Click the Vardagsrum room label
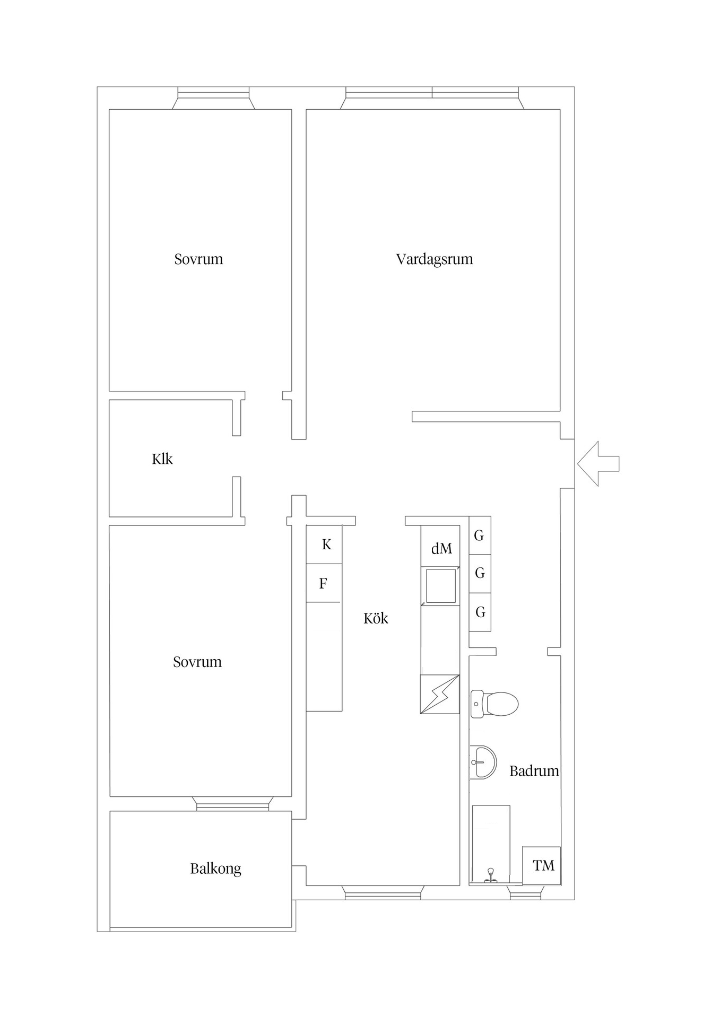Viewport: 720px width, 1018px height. click(434, 259)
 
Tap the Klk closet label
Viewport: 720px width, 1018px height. click(162, 459)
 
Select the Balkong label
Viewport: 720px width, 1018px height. click(215, 868)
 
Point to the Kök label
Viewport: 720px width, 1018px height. click(376, 618)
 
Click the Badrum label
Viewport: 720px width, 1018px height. click(534, 771)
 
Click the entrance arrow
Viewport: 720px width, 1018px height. click(597, 463)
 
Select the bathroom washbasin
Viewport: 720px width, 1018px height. click(482, 762)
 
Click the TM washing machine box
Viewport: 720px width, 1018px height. click(542, 866)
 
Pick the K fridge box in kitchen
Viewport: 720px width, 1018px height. click(325, 545)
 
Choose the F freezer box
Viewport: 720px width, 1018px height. click(323, 584)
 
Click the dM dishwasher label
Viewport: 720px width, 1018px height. click(441, 549)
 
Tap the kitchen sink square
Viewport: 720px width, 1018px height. click(440, 586)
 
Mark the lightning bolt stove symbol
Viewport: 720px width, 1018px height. click(439, 695)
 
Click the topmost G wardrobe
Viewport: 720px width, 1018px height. click(479, 536)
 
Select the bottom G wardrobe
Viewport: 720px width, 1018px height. click(480, 612)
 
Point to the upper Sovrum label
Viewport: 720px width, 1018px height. click(198, 259)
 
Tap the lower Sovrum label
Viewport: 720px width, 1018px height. click(197, 662)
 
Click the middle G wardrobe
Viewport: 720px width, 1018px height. click(480, 573)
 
